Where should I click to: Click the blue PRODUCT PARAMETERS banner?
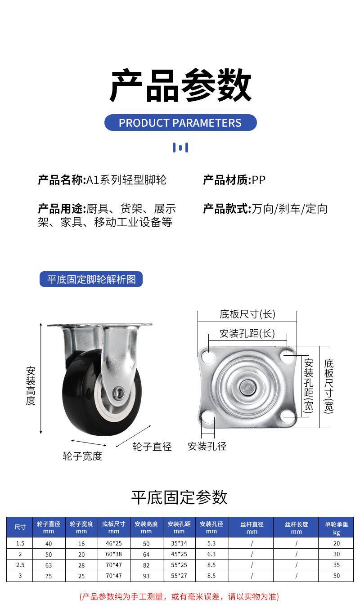pos(180,123)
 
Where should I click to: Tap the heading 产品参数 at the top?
pos(180,85)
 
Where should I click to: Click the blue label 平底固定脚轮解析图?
pos(91,279)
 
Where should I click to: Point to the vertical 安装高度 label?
pos(31,385)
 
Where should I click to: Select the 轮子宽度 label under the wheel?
pos(82,456)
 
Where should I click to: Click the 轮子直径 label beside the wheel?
pos(152,447)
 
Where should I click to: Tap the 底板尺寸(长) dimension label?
pos(247,314)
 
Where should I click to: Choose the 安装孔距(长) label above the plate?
pos(247,333)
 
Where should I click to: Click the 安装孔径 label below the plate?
pos(207,446)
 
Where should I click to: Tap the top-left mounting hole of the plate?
pos(208,357)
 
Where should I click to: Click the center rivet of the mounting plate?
pos(246,386)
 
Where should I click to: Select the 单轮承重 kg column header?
pos(336,528)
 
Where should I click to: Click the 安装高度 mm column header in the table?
pos(146,528)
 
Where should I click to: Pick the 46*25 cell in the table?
pos(114,543)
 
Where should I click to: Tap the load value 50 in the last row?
pos(336,576)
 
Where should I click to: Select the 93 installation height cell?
pos(146,576)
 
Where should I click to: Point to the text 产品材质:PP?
pos(234,180)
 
